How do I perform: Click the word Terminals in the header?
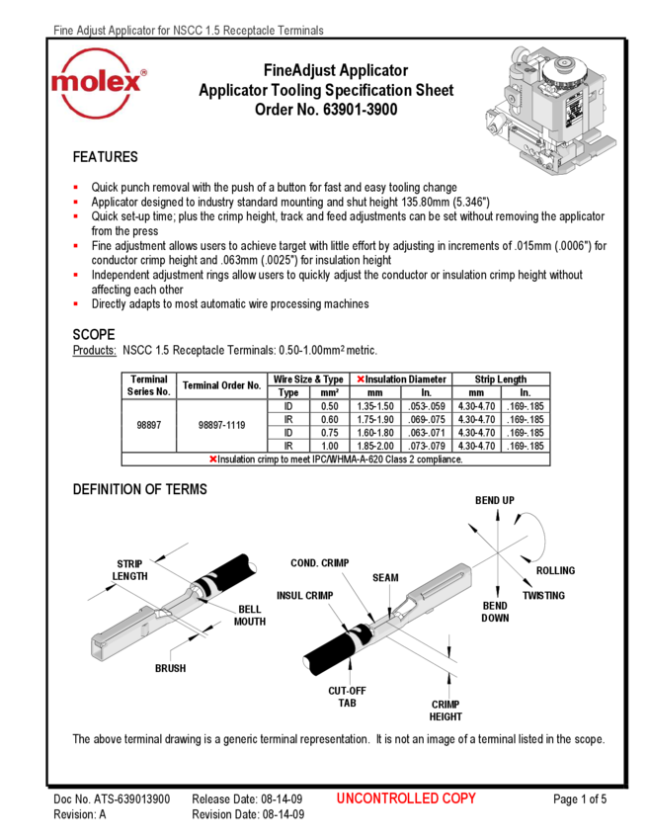point(300,32)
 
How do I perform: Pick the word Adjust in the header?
point(92,32)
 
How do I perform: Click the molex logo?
point(99,83)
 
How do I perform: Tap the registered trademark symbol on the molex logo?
point(143,74)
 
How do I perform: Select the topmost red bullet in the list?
point(75,187)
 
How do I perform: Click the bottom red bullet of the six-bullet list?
point(75,303)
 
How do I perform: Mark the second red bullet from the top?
point(75,202)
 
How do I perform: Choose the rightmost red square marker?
point(361,378)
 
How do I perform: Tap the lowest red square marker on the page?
point(213,460)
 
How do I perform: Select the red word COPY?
point(458,798)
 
